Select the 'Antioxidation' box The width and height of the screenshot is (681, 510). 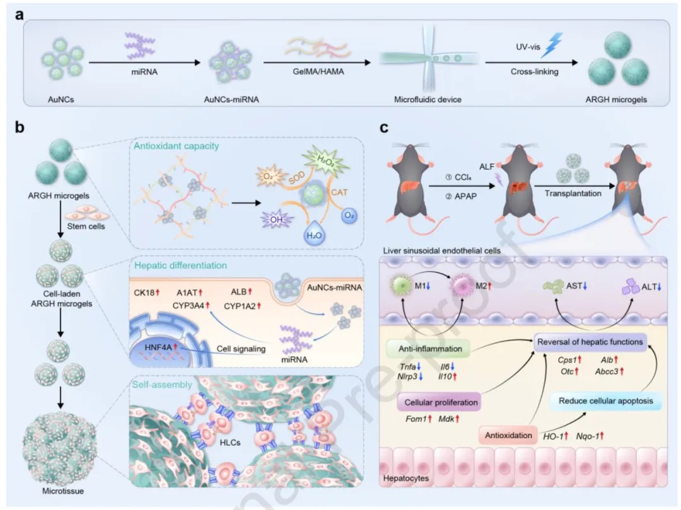508,434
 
